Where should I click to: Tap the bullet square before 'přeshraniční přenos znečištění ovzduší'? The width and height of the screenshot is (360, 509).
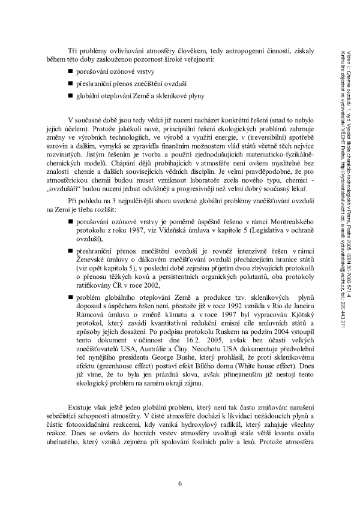click(x=71, y=83)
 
